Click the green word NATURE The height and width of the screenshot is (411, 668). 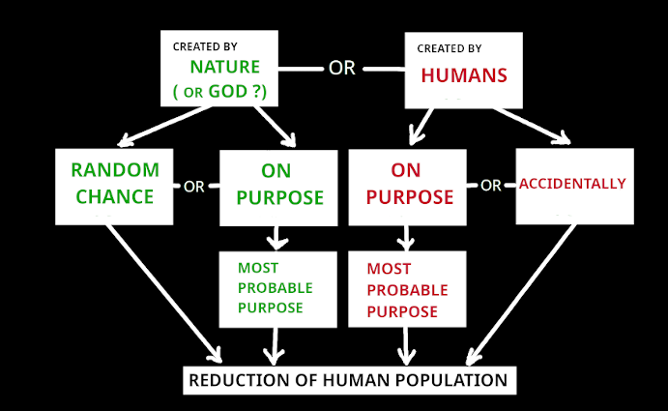[225, 67]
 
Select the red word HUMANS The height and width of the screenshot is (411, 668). [464, 75]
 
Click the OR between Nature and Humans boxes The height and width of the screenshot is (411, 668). [341, 69]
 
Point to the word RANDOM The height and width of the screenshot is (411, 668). [115, 169]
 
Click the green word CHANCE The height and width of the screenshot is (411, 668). [115, 196]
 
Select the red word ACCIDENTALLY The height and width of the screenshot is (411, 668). [572, 184]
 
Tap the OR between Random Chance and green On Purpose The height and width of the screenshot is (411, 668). [194, 187]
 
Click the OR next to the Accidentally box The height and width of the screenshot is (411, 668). [491, 186]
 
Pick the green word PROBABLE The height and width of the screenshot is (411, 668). [276, 288]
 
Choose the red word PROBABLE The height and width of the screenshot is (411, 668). [407, 290]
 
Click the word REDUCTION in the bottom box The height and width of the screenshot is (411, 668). [239, 380]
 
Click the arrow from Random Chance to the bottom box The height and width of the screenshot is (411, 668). [164, 294]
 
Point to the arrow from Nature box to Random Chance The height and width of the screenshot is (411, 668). [164, 126]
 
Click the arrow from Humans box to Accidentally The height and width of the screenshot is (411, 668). [532, 126]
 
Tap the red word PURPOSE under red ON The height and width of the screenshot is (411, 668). [410, 197]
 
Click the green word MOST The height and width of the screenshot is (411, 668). [258, 268]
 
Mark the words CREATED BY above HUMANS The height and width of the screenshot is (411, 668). [449, 48]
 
